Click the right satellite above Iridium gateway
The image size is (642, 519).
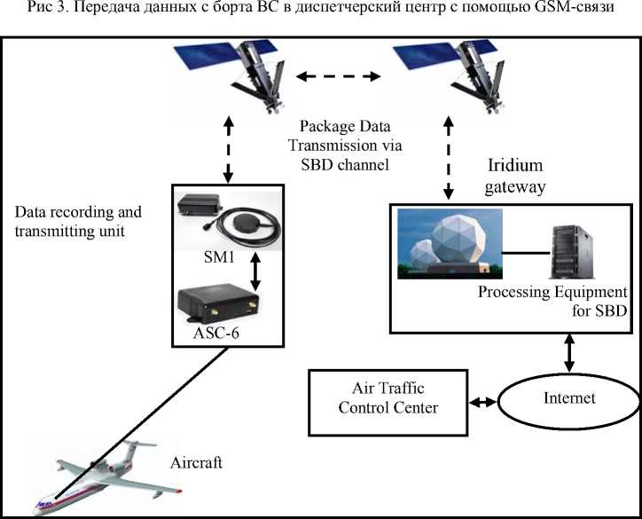447,75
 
